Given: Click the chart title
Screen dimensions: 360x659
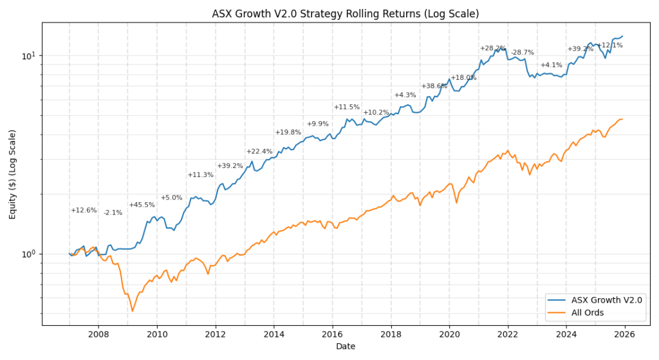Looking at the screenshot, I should (346, 14).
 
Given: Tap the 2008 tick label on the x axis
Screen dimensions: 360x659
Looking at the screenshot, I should (98, 334).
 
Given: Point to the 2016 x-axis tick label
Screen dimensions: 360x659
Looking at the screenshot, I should (332, 334).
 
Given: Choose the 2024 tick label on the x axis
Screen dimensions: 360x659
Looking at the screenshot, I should (566, 334).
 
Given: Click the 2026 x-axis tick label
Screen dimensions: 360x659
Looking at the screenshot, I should (625, 334).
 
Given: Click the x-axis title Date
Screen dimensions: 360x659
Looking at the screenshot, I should (346, 346).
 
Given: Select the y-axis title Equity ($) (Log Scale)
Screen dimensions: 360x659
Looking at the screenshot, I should (13, 174).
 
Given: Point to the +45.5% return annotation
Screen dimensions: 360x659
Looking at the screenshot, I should (142, 205).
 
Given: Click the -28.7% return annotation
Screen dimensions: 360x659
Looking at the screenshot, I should (522, 52).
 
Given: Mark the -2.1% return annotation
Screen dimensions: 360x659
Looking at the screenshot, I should (113, 213).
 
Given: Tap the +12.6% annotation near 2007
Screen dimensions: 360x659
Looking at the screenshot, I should (84, 210).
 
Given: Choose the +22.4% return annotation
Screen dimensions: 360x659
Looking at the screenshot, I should (259, 151).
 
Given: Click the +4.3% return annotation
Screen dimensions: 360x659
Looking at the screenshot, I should (405, 95).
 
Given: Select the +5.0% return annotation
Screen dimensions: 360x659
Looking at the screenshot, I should (171, 198).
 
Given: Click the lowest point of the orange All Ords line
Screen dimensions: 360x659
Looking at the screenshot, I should (133, 311).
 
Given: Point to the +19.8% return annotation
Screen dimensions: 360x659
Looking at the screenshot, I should (288, 132).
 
